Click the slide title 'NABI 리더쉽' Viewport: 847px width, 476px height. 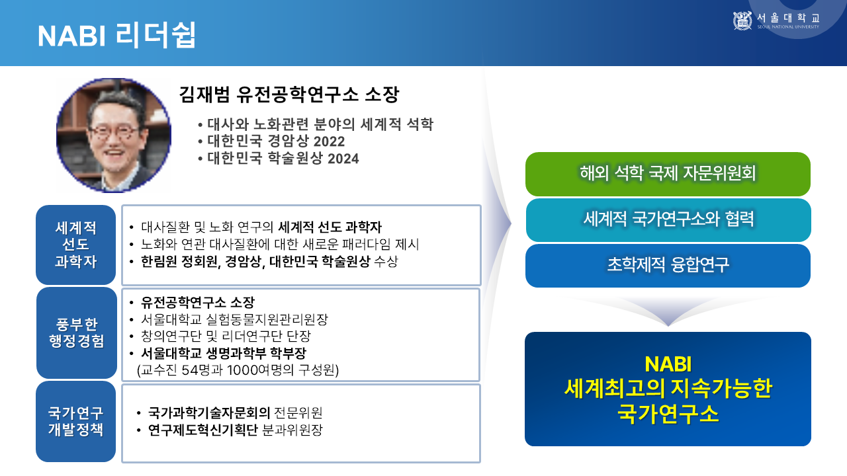pos(117,35)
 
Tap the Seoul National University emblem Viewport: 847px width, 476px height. pos(742,20)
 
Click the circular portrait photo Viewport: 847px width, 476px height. pos(113,136)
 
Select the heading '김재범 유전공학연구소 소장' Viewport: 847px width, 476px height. pos(289,95)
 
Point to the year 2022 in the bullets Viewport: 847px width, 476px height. pos(329,141)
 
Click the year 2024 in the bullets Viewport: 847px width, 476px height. pos(343,159)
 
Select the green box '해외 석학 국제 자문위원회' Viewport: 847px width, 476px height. pos(668,174)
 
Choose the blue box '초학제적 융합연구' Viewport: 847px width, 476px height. pos(668,266)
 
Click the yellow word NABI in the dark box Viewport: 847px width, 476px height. pos(668,364)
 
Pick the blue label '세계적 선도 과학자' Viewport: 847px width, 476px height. pos(75,245)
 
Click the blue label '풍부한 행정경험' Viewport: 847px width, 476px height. pos(76,333)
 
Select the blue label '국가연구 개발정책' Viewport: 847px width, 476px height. pos(75,421)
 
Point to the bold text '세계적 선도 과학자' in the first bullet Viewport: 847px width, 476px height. pos(330,227)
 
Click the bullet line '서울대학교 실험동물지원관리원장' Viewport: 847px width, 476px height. pos(234,319)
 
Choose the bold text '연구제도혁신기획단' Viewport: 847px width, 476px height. pos(202,430)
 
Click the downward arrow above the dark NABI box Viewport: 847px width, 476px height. pos(668,311)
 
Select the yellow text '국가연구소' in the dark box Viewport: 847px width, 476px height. pos(668,414)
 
